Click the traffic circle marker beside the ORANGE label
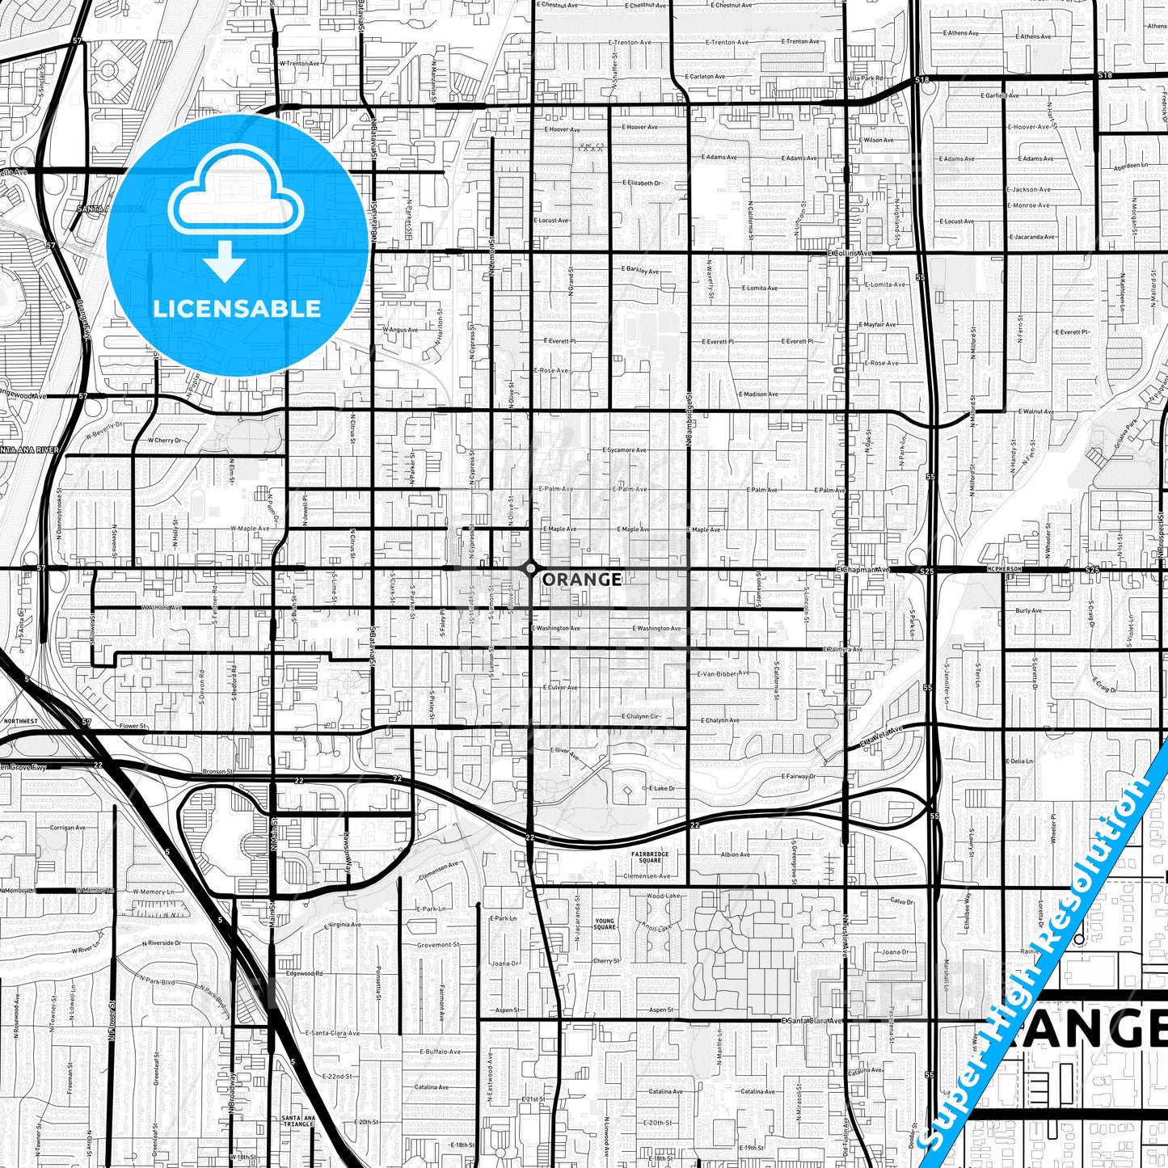[529, 569]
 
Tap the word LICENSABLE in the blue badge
[237, 309]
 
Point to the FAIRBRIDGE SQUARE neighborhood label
[650, 858]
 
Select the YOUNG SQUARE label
[605, 924]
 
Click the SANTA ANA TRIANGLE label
[297, 1121]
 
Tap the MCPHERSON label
[1004, 569]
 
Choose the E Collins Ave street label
[850, 253]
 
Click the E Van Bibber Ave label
[723, 673]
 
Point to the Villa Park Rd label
[864, 78]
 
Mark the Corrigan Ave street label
[67, 828]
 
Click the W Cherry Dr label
[165, 441]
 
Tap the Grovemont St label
[438, 944]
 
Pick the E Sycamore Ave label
[624, 450]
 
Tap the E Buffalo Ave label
[440, 1052]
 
